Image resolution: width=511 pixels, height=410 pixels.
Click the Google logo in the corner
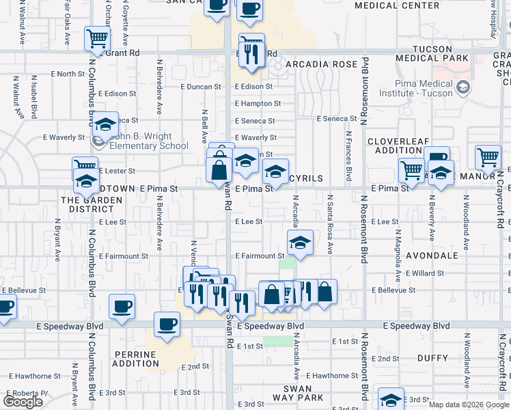23,402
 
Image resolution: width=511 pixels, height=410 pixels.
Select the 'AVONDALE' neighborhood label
431,256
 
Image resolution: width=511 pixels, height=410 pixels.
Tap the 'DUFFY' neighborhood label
433,357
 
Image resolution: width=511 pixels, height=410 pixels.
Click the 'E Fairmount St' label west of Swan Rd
120,256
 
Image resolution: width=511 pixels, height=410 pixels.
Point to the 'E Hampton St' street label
258,104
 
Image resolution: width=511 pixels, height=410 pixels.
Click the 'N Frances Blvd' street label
348,156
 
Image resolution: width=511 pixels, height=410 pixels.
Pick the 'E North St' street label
66,74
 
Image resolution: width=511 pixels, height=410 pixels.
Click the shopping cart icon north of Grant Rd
98,38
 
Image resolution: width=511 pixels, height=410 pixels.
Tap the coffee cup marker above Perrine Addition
166,324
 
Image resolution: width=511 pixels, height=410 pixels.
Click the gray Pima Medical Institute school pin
464,87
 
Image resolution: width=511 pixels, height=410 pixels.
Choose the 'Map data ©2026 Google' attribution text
469,405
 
